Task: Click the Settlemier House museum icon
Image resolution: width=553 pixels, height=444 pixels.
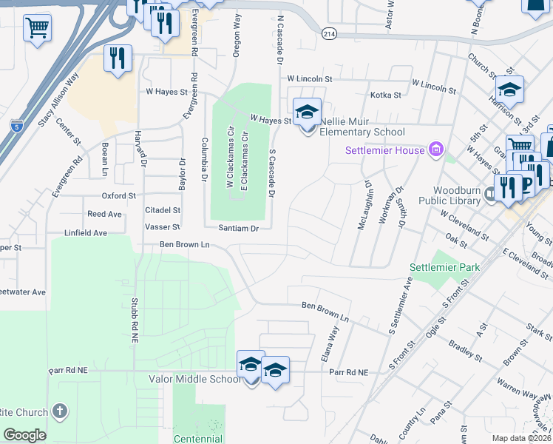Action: pyautogui.click(x=435, y=151)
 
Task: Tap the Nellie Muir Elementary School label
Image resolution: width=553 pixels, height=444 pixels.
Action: pyautogui.click(x=363, y=132)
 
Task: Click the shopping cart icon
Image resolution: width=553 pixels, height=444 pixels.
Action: pyautogui.click(x=37, y=29)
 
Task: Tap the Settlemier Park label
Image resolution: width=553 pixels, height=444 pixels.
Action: pyautogui.click(x=445, y=267)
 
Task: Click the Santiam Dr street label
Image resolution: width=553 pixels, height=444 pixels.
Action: pyautogui.click(x=239, y=229)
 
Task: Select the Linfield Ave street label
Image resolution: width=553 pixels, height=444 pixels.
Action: pyautogui.click(x=86, y=232)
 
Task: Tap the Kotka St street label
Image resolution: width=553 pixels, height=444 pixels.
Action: pyautogui.click(x=385, y=95)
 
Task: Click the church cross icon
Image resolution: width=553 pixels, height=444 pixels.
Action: pyautogui.click(x=60, y=411)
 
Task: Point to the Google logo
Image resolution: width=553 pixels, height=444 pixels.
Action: pyautogui.click(x=24, y=434)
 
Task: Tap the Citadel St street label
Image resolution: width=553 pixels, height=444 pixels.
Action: pyautogui.click(x=163, y=211)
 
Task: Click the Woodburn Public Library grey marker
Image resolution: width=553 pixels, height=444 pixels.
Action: pyautogui.click(x=491, y=195)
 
